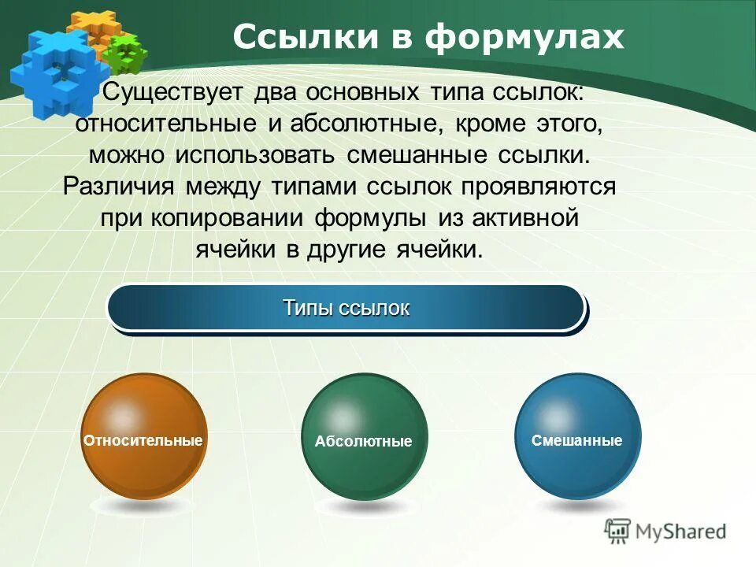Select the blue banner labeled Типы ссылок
(346, 308)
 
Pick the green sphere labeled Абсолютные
(364, 437)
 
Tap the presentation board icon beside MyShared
(618, 532)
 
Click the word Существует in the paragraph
(174, 92)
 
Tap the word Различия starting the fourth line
(120, 187)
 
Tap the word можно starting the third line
(127, 155)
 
